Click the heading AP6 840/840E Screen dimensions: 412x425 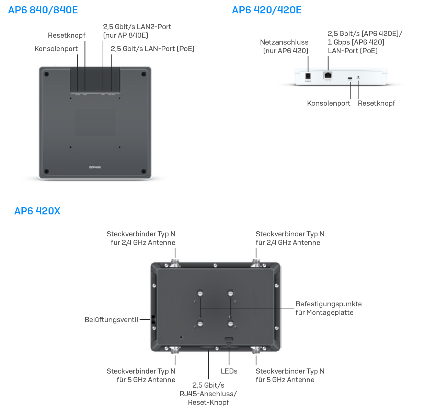click(x=43, y=10)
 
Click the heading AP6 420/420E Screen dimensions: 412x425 click(x=267, y=10)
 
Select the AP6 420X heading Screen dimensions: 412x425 click(x=37, y=211)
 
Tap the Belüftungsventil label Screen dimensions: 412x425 click(x=111, y=320)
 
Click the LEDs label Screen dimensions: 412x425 click(x=229, y=371)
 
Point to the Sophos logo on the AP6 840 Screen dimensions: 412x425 click(x=95, y=167)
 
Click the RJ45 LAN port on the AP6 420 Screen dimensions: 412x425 click(x=328, y=75)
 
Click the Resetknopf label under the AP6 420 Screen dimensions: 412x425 click(x=376, y=103)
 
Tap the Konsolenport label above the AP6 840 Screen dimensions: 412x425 click(x=56, y=49)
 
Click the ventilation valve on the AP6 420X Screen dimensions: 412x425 click(x=153, y=320)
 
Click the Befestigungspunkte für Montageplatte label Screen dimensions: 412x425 click(x=328, y=308)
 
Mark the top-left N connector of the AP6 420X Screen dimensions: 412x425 click(x=175, y=263)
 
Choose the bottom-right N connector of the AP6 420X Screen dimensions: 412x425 click(x=256, y=350)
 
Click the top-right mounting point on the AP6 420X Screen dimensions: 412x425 click(x=230, y=294)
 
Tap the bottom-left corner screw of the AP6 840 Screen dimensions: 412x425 click(x=47, y=171)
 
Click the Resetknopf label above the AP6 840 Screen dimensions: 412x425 click(x=67, y=35)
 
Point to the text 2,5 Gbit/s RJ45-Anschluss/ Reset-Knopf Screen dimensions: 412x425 click(x=208, y=393)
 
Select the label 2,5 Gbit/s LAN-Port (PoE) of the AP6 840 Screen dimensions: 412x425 click(x=152, y=49)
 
